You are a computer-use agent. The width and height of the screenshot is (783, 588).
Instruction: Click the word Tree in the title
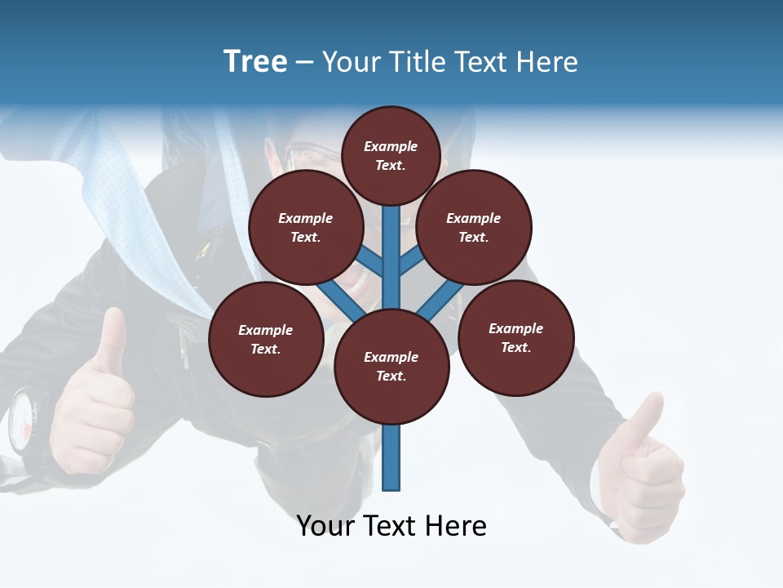[255, 62]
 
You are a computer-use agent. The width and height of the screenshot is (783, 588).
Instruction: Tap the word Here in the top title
[547, 62]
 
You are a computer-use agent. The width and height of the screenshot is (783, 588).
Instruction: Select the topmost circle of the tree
[391, 155]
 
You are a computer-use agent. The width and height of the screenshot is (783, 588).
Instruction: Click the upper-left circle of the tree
[306, 228]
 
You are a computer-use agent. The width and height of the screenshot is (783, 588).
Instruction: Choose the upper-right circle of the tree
[474, 228]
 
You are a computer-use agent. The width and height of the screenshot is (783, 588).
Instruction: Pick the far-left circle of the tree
[266, 339]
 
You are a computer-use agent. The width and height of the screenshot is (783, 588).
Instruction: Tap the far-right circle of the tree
[515, 337]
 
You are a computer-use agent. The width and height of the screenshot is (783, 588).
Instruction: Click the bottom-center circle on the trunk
[391, 367]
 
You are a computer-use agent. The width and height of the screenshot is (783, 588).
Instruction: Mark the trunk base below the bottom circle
[391, 457]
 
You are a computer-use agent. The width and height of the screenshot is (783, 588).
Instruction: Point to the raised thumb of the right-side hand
[646, 421]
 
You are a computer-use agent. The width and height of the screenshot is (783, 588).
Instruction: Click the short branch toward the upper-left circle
[371, 261]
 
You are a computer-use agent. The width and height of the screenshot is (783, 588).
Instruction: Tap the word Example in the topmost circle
[391, 146]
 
